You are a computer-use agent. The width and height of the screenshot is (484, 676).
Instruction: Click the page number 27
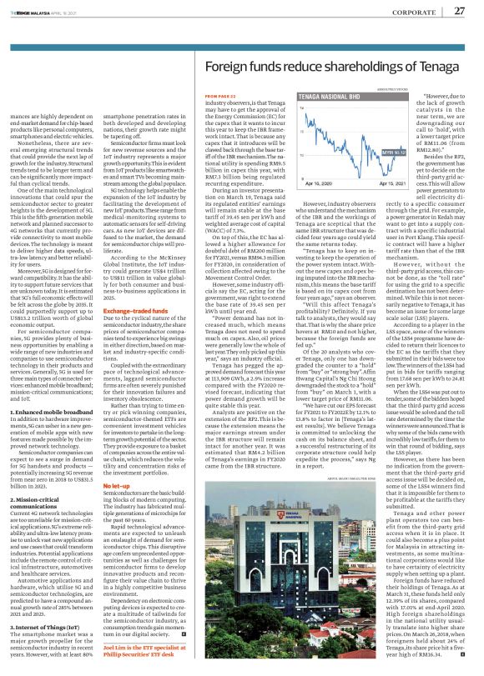459,9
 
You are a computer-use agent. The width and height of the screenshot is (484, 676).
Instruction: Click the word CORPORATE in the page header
418,10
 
